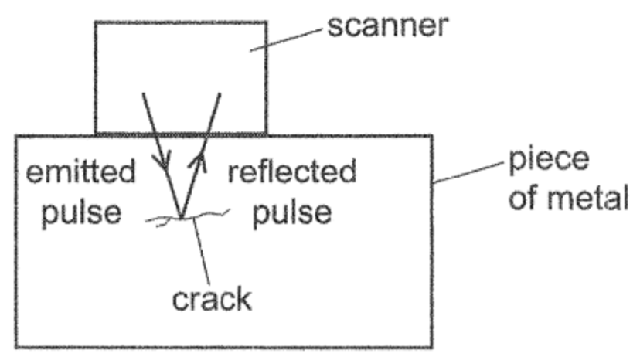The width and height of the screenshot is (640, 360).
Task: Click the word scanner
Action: click(x=386, y=27)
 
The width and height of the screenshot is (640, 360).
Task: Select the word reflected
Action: click(x=293, y=172)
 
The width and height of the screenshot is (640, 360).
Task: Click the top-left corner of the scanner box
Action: click(x=95, y=22)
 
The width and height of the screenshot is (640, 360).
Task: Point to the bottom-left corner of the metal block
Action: click(x=15, y=346)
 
